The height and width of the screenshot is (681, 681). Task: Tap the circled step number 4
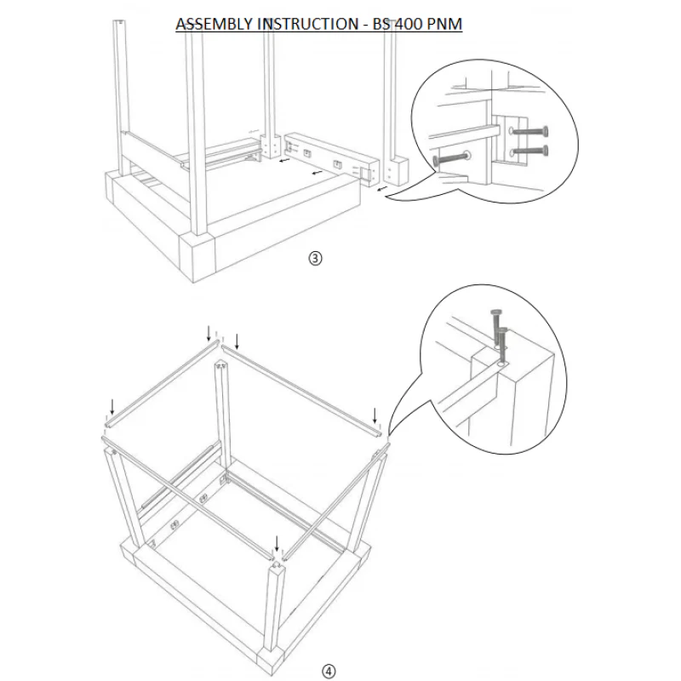[x=328, y=672]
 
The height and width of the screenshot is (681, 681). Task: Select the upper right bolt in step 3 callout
[x=529, y=132]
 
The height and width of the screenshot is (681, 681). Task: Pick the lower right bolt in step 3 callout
[x=529, y=152]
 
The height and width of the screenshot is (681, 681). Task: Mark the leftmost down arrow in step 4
[x=111, y=403]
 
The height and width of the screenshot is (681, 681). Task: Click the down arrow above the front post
[x=277, y=543]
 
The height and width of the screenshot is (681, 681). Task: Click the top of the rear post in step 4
[x=222, y=367]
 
